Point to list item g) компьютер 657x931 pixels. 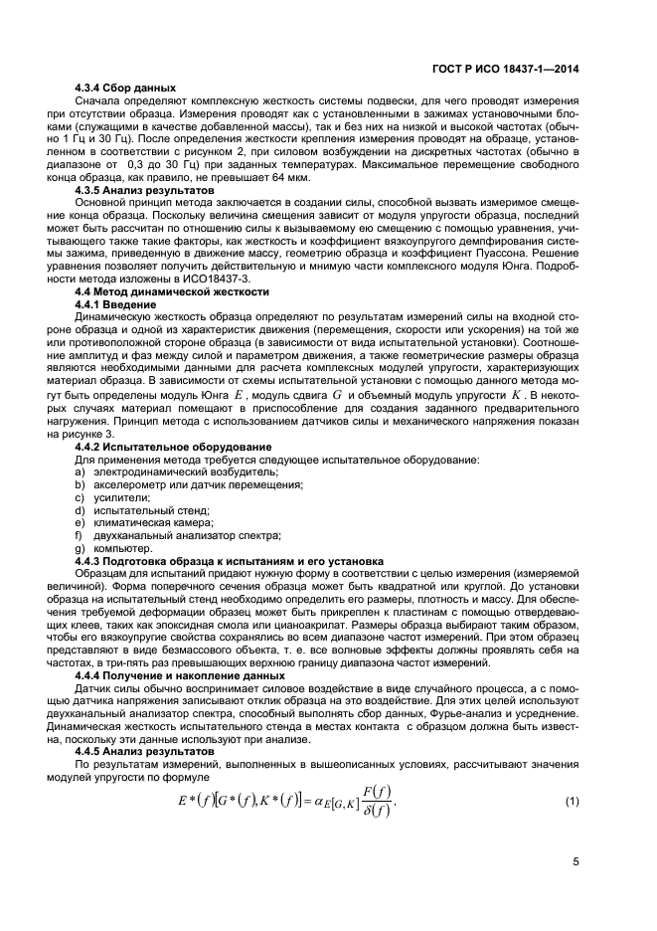[112, 548]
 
